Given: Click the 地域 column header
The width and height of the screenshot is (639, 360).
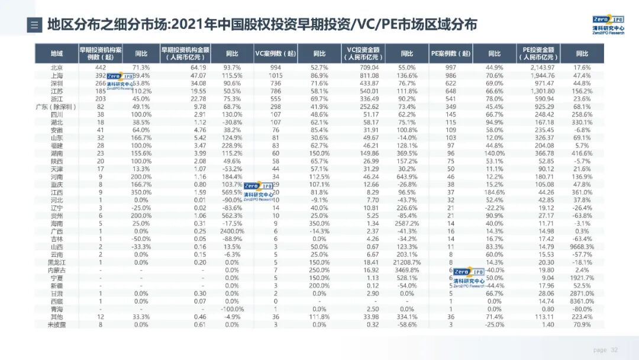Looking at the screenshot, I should point(57,53).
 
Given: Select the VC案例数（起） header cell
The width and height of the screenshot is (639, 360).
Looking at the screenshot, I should point(275,53).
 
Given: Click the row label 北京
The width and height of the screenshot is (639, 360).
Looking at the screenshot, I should point(57,67).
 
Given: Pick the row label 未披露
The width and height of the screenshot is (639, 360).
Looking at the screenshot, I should point(57,324).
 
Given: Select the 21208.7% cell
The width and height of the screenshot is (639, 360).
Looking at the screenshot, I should point(406,262).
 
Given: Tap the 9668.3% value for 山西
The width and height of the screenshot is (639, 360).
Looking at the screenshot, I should point(582,246).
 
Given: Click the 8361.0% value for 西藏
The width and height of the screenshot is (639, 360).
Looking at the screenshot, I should point(582,301).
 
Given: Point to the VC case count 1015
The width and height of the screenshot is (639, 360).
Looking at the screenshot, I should point(275,76).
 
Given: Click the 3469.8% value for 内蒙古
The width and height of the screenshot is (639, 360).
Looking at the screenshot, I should point(406,269).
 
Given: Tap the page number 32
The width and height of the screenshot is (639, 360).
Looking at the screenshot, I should point(614,350).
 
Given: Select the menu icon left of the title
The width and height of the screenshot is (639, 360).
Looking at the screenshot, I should point(34,25).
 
